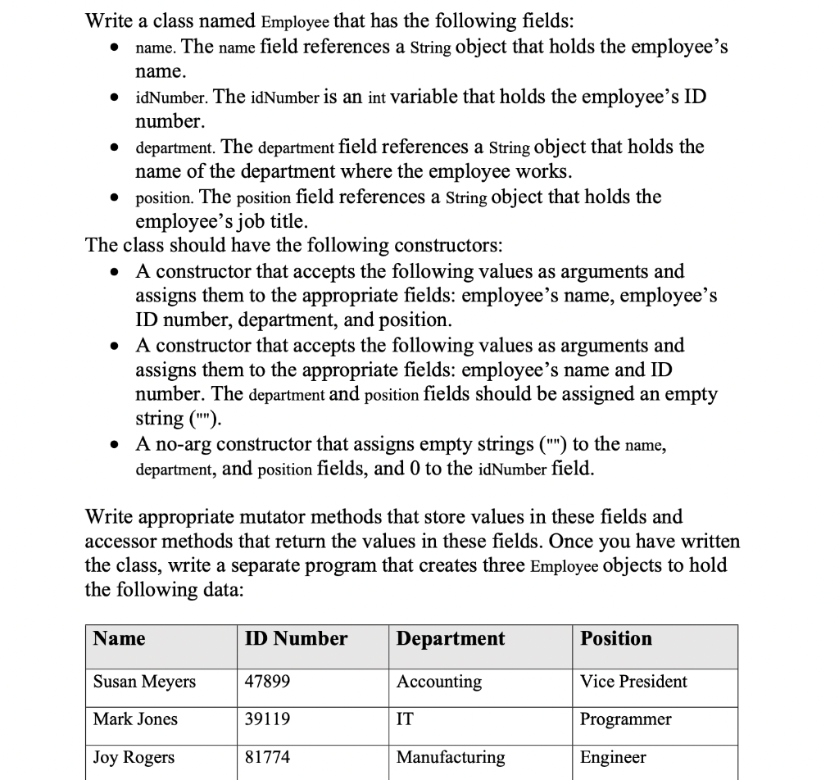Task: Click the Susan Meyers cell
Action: tap(144, 682)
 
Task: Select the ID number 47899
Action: tap(267, 682)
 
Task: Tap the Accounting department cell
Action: tap(439, 682)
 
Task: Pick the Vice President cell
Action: tap(633, 682)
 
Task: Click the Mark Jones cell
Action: tap(135, 719)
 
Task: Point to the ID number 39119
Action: tap(267, 719)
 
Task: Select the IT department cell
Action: tap(405, 719)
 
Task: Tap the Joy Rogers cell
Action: tap(134, 758)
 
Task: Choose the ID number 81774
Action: tap(267, 758)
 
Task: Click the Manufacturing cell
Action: tap(451, 758)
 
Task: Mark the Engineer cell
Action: tap(613, 758)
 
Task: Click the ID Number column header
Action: tap(296, 639)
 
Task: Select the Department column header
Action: tap(451, 639)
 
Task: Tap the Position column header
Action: tap(616, 639)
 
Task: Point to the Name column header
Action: tap(120, 639)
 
